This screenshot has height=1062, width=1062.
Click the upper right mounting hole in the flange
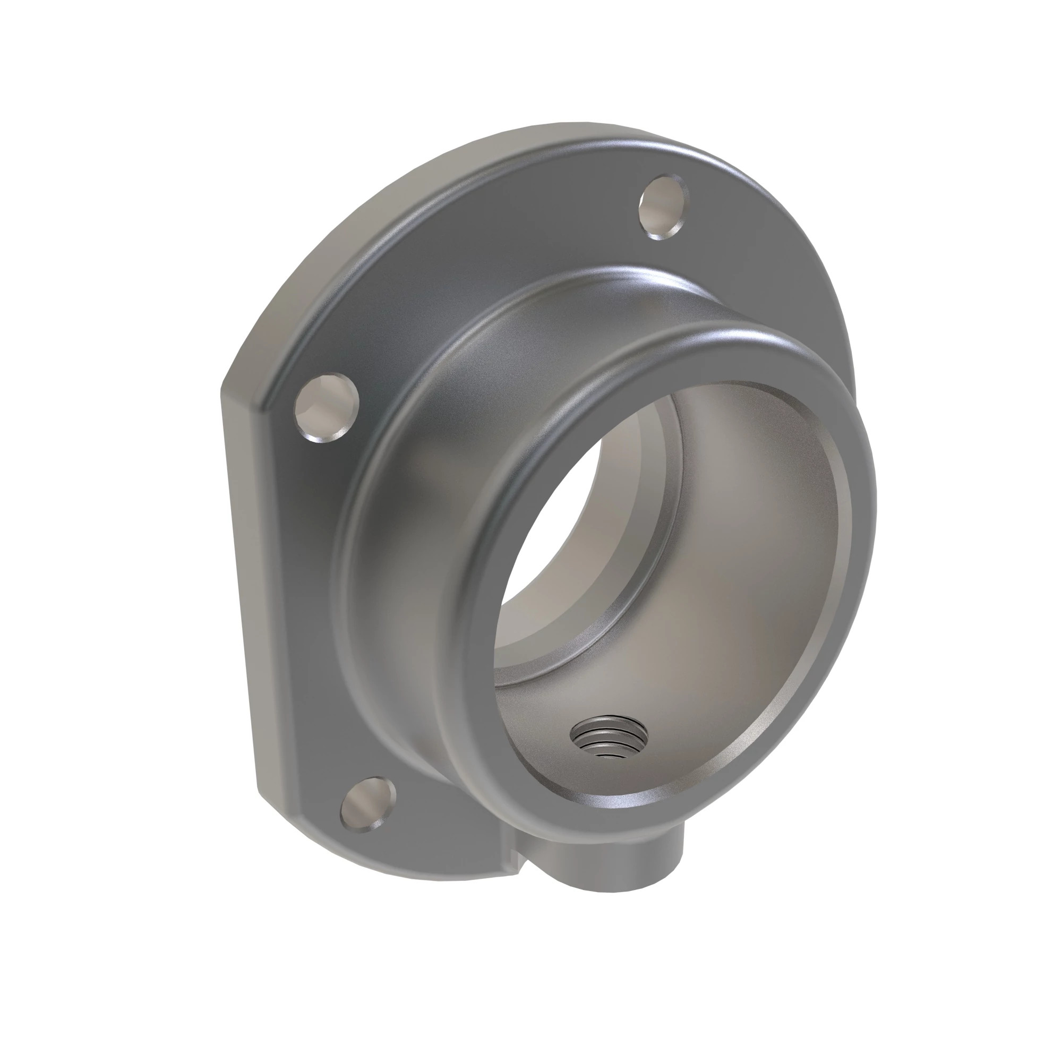point(663,207)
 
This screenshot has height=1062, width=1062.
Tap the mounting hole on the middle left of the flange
point(327,407)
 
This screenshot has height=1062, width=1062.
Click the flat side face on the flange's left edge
point(242,550)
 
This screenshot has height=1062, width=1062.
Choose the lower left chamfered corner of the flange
point(286,825)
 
